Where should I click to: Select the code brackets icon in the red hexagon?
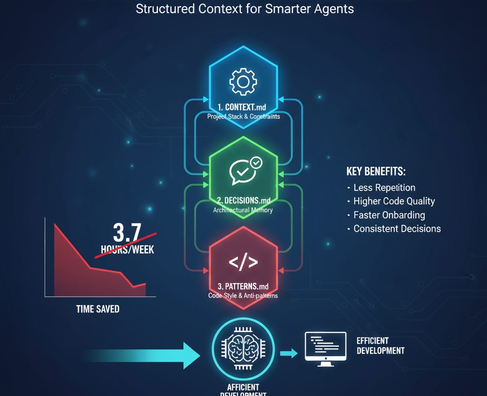(x=243, y=262)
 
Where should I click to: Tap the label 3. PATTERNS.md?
(x=243, y=286)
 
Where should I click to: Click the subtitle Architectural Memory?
(x=243, y=210)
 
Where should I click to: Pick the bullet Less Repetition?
(x=384, y=188)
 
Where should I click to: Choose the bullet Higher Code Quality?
(x=394, y=201)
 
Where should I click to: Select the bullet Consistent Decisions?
(x=397, y=229)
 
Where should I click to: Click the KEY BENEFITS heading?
(x=376, y=172)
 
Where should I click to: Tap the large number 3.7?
(x=127, y=232)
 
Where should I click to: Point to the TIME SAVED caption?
(x=97, y=309)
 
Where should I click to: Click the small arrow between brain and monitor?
(x=288, y=353)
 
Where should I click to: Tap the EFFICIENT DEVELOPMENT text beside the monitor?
(x=380, y=346)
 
